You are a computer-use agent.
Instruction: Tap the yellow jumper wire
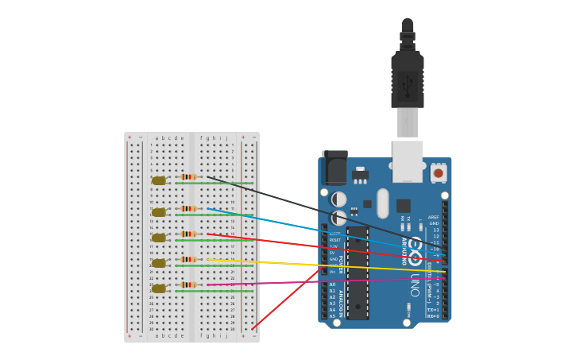pos(318,265)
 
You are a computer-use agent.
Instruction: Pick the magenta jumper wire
pos(318,281)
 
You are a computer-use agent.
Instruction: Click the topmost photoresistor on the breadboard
pos(159,180)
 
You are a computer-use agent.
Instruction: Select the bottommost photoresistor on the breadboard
pos(159,288)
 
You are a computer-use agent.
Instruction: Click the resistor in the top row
pos(188,177)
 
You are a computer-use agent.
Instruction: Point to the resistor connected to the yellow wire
pos(188,259)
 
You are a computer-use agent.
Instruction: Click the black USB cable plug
pos(407,79)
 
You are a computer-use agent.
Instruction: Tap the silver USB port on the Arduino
pos(408,161)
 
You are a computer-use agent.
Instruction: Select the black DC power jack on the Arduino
pos(335,168)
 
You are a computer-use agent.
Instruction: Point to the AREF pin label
pos(433,217)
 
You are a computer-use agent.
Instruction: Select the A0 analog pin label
pos(332,285)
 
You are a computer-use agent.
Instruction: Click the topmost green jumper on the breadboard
pos(214,184)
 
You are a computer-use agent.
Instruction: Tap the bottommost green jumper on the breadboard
pos(214,291)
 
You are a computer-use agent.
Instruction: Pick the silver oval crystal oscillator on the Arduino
pos(383,203)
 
